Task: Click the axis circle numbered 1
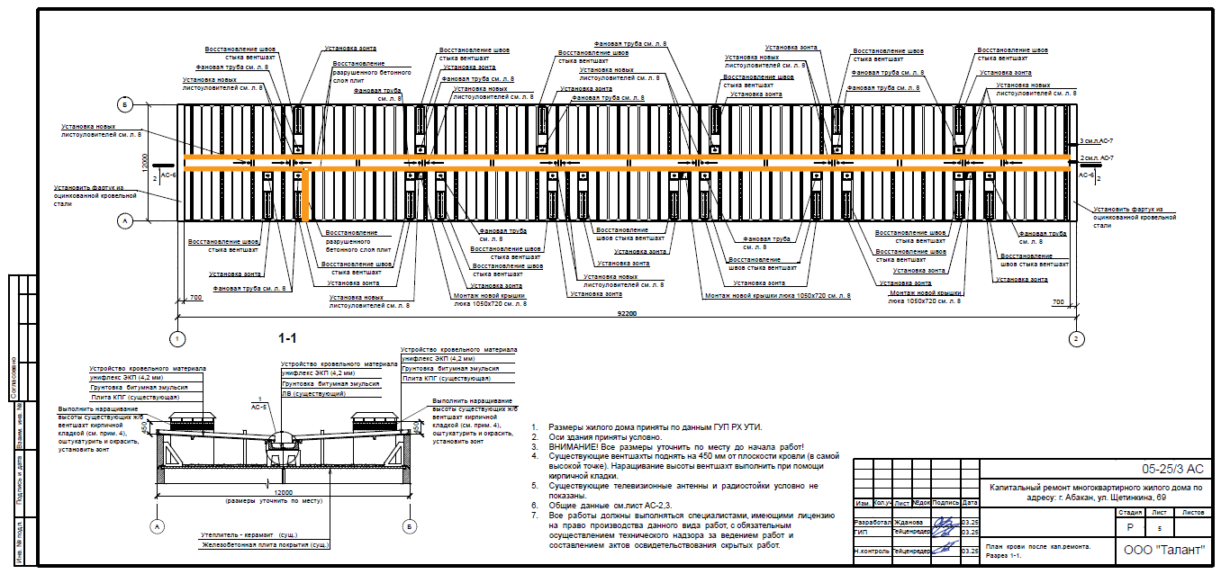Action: (178, 339)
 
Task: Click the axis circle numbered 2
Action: (1075, 339)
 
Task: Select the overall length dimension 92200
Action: (627, 313)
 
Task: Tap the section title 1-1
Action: (287, 338)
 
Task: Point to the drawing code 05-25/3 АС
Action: (1171, 469)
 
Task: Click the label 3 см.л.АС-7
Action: (1097, 142)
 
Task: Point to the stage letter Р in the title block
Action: (1129, 529)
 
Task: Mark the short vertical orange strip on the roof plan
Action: (306, 193)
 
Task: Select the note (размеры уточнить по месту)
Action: (285, 499)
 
